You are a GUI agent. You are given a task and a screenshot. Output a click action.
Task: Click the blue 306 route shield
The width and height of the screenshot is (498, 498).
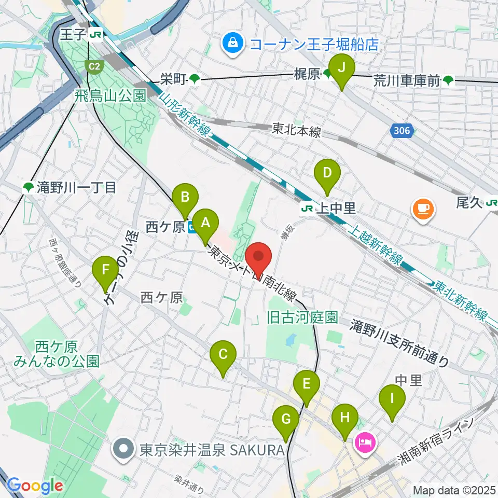coord(402,132)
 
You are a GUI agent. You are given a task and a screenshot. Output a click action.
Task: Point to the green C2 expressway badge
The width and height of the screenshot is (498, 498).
coord(93,66)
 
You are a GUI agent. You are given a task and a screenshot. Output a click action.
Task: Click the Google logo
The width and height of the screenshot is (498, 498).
coord(35,485)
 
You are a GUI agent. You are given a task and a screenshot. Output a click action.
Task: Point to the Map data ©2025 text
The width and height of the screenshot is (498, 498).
coord(454,490)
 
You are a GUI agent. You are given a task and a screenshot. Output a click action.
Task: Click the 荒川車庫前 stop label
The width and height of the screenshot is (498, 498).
coord(407,80)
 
